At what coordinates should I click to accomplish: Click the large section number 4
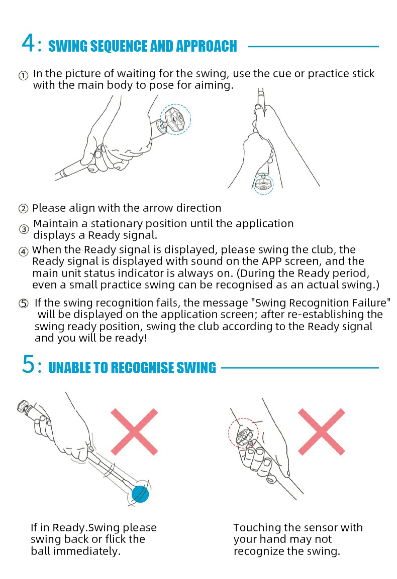(x=29, y=43)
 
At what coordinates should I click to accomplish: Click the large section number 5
(x=29, y=364)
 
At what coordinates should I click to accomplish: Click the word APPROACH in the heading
(x=207, y=46)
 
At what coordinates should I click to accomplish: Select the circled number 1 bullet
(x=23, y=76)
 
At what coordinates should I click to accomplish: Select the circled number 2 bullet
(x=23, y=209)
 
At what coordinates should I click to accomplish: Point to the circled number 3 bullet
(x=24, y=229)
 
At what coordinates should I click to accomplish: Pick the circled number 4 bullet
(x=23, y=252)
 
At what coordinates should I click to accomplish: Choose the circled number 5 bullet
(x=23, y=304)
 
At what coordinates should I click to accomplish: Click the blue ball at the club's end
(x=140, y=494)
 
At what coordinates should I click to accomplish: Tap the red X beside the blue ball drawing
(x=134, y=431)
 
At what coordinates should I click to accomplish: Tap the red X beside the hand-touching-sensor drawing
(x=322, y=431)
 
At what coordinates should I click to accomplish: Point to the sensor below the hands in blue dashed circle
(x=263, y=184)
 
